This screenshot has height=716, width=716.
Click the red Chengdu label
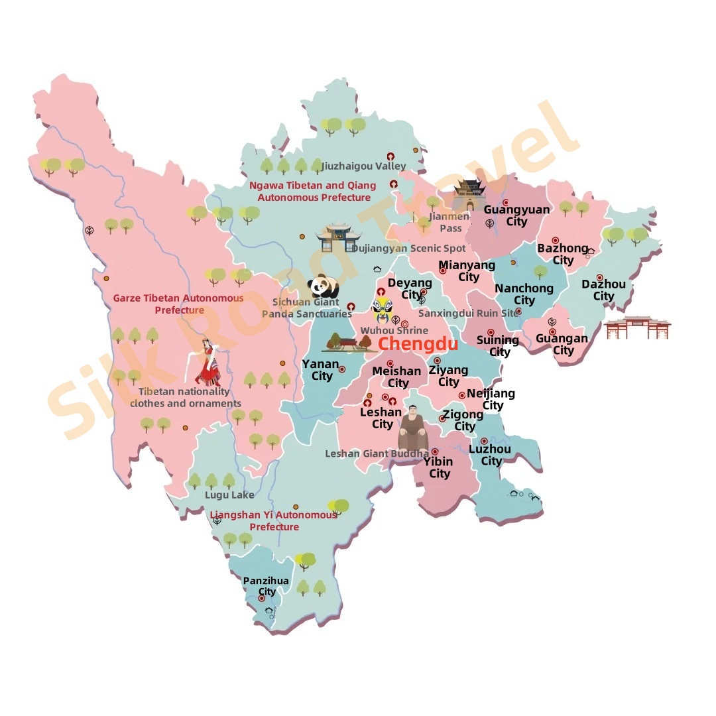[x=418, y=344]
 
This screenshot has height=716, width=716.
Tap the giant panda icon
[x=324, y=286]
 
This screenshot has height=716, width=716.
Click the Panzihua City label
[x=266, y=586]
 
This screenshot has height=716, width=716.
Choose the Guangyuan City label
[x=516, y=215]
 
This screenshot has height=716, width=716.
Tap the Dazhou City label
[x=603, y=290]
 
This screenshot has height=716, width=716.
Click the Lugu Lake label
[x=229, y=495]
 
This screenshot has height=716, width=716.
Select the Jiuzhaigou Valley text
[x=363, y=166]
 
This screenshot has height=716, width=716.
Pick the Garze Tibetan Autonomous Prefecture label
[x=179, y=304]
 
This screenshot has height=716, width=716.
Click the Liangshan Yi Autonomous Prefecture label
[x=274, y=521]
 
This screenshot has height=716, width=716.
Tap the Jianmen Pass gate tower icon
[x=469, y=194]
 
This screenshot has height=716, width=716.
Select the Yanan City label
[x=321, y=370]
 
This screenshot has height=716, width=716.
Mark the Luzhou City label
[x=490, y=455]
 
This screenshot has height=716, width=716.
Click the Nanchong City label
[x=524, y=294]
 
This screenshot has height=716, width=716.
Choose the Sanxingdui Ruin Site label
[x=469, y=313]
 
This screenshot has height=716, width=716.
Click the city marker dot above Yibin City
[x=435, y=451]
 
